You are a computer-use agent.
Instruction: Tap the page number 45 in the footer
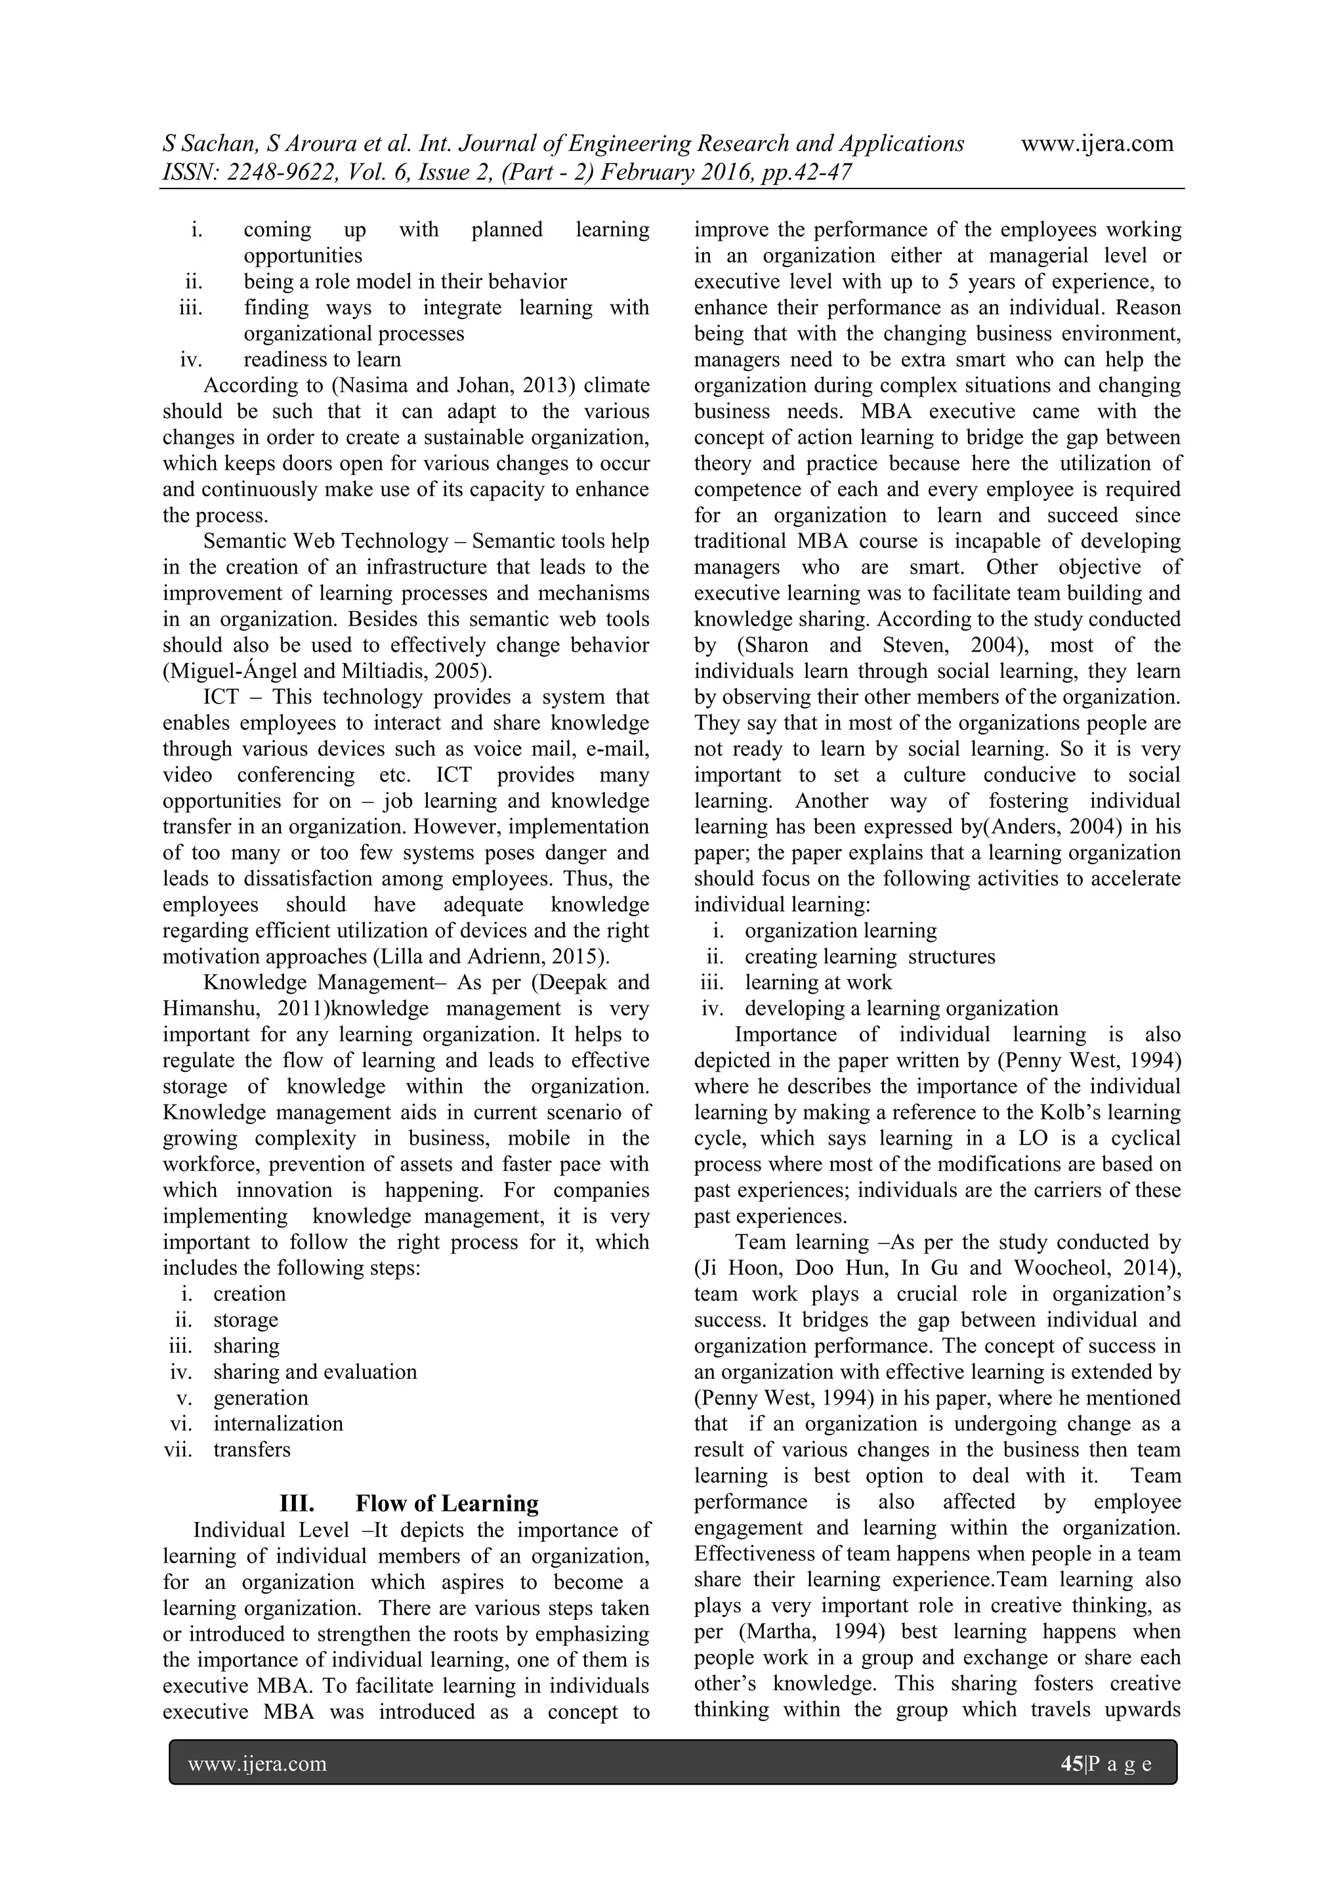click(x=1071, y=1763)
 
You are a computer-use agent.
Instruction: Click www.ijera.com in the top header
click(x=1097, y=144)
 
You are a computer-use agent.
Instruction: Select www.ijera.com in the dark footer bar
click(x=257, y=1763)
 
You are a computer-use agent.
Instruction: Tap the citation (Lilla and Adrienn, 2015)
click(x=492, y=957)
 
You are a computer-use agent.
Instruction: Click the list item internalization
click(x=278, y=1424)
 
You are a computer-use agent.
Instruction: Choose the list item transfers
click(x=253, y=1449)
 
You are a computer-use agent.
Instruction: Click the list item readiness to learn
click(x=322, y=360)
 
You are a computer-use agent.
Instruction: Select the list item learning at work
click(x=818, y=982)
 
